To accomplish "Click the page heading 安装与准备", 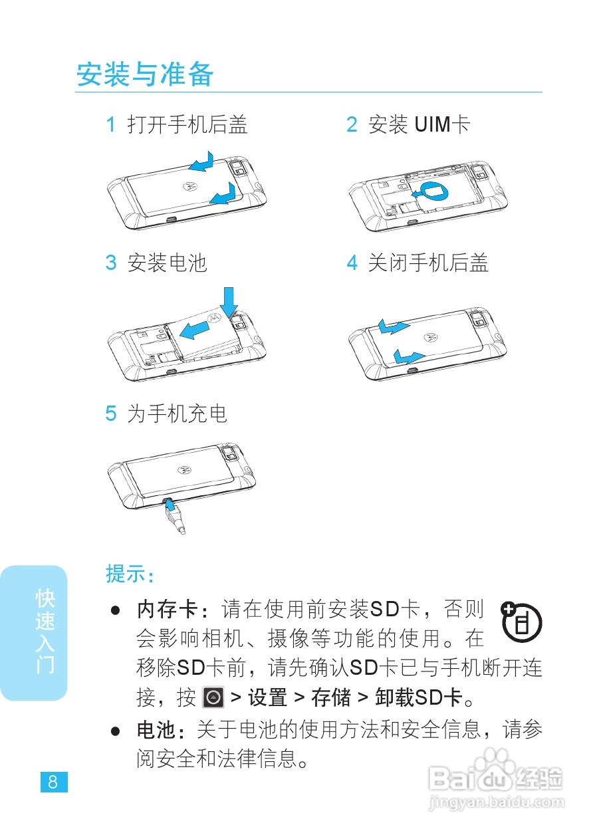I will point(145,74).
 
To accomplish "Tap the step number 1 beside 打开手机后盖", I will point(111,124).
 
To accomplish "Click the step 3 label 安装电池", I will point(167,263).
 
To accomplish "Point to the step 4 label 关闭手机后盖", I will point(428,263).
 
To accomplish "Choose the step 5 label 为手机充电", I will point(177,414).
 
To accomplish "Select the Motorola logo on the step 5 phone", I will point(183,469).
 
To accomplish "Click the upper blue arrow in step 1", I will point(200,162).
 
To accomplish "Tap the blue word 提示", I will point(129,574).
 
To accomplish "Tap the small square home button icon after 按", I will point(212,697).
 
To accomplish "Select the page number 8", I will point(53,782).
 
